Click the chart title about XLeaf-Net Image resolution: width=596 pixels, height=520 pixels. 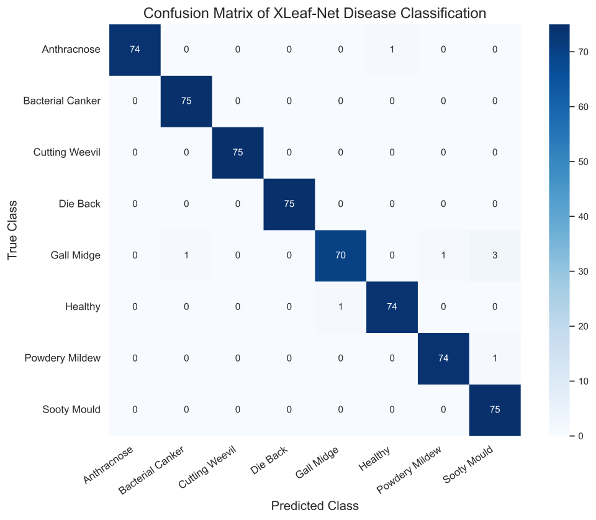314,13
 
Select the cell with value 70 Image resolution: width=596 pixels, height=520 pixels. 341,255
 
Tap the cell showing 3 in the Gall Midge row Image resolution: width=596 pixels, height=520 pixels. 495,255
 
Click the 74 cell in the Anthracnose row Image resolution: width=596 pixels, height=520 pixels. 135,50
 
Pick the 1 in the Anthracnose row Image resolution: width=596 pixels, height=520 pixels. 392,50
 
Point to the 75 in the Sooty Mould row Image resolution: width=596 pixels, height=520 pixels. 495,410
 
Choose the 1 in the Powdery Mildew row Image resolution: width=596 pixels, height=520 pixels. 495,358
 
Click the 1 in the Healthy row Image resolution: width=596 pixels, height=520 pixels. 341,307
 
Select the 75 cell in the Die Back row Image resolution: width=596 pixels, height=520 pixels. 289,204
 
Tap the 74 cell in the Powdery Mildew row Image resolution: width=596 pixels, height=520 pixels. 443,358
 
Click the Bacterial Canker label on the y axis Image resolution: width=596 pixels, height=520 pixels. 62,101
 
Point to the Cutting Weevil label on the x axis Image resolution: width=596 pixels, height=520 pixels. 208,467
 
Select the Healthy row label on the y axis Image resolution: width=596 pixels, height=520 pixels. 83,307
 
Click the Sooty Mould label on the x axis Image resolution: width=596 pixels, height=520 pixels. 468,464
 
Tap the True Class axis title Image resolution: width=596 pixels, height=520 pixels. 12,230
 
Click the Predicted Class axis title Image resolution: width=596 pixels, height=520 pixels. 315,506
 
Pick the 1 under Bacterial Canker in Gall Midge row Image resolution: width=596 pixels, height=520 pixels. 186,255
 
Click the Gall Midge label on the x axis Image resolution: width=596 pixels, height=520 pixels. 317,462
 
